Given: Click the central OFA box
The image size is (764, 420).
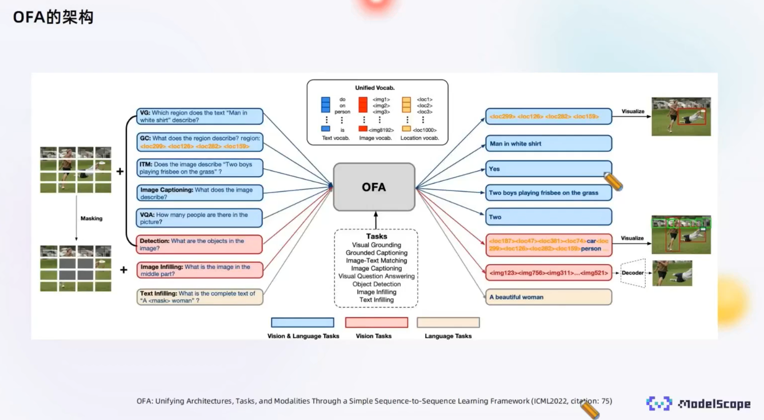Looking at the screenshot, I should (374, 187).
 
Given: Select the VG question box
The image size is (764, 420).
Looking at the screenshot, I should (200, 116).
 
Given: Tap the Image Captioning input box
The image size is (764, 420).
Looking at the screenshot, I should (200, 193).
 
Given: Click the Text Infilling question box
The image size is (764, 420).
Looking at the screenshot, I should (200, 297).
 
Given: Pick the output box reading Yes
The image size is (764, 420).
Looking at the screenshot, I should (548, 169).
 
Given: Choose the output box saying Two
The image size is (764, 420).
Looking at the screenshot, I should (548, 217).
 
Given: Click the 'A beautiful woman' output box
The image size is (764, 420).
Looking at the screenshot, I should (548, 297).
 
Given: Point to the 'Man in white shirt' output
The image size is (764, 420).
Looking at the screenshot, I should (548, 143).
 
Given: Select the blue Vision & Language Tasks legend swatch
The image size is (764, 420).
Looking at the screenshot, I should (302, 322).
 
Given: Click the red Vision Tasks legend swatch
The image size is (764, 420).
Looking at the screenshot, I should (376, 322).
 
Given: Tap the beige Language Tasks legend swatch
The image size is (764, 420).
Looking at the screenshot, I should (448, 322).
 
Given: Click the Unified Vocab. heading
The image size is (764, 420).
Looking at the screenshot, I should (375, 88).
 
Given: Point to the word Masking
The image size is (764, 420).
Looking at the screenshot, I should (92, 218).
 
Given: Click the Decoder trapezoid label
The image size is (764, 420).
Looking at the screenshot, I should (632, 273).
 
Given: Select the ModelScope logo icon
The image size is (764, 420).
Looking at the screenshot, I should (658, 403).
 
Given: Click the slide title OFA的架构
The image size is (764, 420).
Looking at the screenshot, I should (53, 17).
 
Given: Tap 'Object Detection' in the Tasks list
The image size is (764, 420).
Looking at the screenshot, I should (376, 284).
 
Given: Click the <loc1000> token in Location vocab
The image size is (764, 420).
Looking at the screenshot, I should (424, 130).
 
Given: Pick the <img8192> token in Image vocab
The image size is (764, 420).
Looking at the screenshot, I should (381, 130).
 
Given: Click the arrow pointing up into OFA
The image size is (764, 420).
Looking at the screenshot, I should (376, 220).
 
